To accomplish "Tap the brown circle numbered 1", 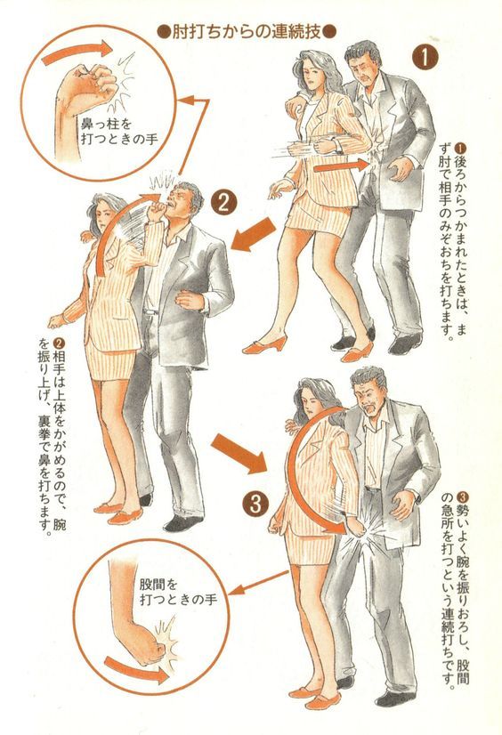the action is tap(425, 58).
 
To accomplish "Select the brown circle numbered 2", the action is tap(223, 203).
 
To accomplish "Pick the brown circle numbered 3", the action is tap(255, 505).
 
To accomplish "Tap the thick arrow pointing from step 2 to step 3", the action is tap(239, 452).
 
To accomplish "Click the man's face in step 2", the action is tap(180, 200).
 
